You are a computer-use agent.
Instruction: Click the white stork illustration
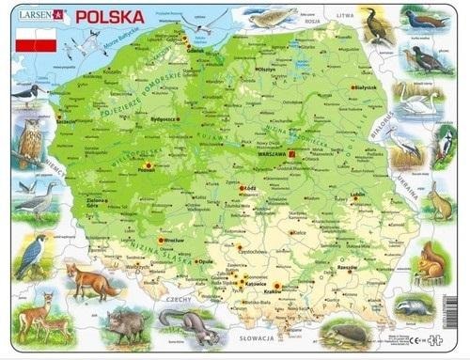coord(405,149)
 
